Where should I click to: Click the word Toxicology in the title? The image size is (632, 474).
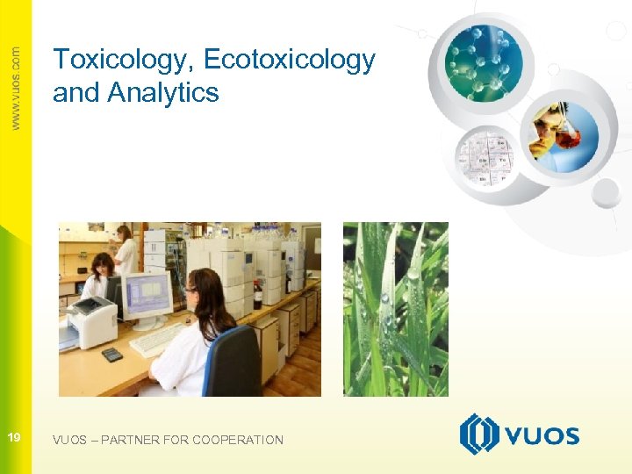(x=123, y=61)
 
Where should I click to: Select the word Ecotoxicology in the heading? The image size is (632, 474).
(x=289, y=61)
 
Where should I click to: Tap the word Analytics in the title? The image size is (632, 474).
(x=163, y=92)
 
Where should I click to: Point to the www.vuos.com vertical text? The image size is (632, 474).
(x=16, y=88)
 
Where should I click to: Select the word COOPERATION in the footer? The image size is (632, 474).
(x=238, y=440)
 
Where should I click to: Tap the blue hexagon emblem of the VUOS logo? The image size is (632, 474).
(x=478, y=434)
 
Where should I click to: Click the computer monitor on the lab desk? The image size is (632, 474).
(x=147, y=297)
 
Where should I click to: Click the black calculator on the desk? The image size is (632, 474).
(x=112, y=355)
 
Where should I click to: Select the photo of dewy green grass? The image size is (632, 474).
(x=395, y=309)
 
